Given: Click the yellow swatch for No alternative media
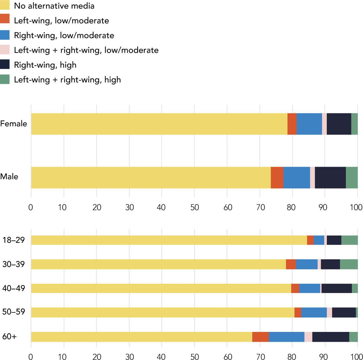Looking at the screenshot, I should (5, 5).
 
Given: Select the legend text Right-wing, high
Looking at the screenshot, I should (45, 65).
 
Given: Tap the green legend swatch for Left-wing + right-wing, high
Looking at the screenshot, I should (5, 79).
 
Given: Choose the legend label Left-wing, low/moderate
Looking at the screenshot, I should (61, 21).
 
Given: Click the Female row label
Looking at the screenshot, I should (14, 124).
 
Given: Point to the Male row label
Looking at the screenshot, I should (9, 177).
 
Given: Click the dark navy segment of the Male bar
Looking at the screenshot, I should (330, 178).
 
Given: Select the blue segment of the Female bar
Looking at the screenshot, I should (309, 124).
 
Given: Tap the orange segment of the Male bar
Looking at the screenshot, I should (277, 178).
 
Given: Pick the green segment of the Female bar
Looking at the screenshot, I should (354, 124).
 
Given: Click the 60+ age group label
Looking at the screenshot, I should (9, 337).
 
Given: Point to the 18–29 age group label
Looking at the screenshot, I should (14, 240).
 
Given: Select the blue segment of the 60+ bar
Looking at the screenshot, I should (286, 337).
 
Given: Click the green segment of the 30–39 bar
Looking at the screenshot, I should (349, 264).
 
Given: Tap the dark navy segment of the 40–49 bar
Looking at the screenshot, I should (337, 288).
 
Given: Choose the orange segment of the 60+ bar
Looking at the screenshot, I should (260, 337).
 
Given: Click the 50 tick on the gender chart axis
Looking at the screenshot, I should (195, 207).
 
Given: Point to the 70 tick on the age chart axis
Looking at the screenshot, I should (260, 357).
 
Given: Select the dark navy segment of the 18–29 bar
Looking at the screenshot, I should (334, 240).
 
